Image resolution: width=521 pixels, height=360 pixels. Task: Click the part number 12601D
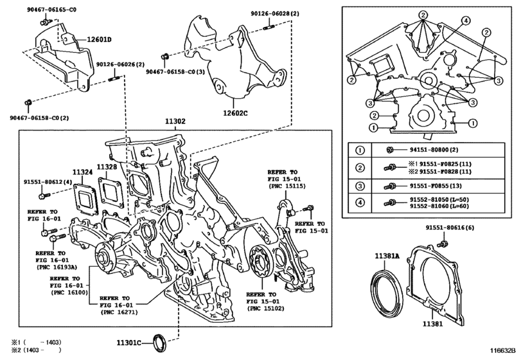pyautogui.click(x=100, y=39)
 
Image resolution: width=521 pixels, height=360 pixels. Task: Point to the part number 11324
pyautogui.click(x=82, y=172)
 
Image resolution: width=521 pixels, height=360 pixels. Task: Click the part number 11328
pyautogui.click(x=107, y=167)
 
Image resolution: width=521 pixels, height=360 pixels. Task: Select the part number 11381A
pyautogui.click(x=387, y=256)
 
